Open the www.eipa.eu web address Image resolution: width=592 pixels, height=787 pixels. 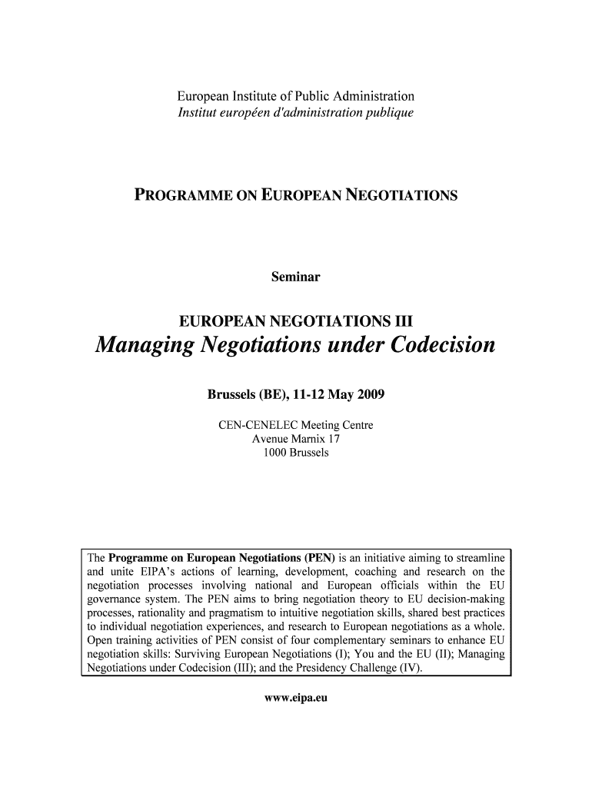[x=296, y=699]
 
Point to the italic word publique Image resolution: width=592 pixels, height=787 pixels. [x=391, y=113]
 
